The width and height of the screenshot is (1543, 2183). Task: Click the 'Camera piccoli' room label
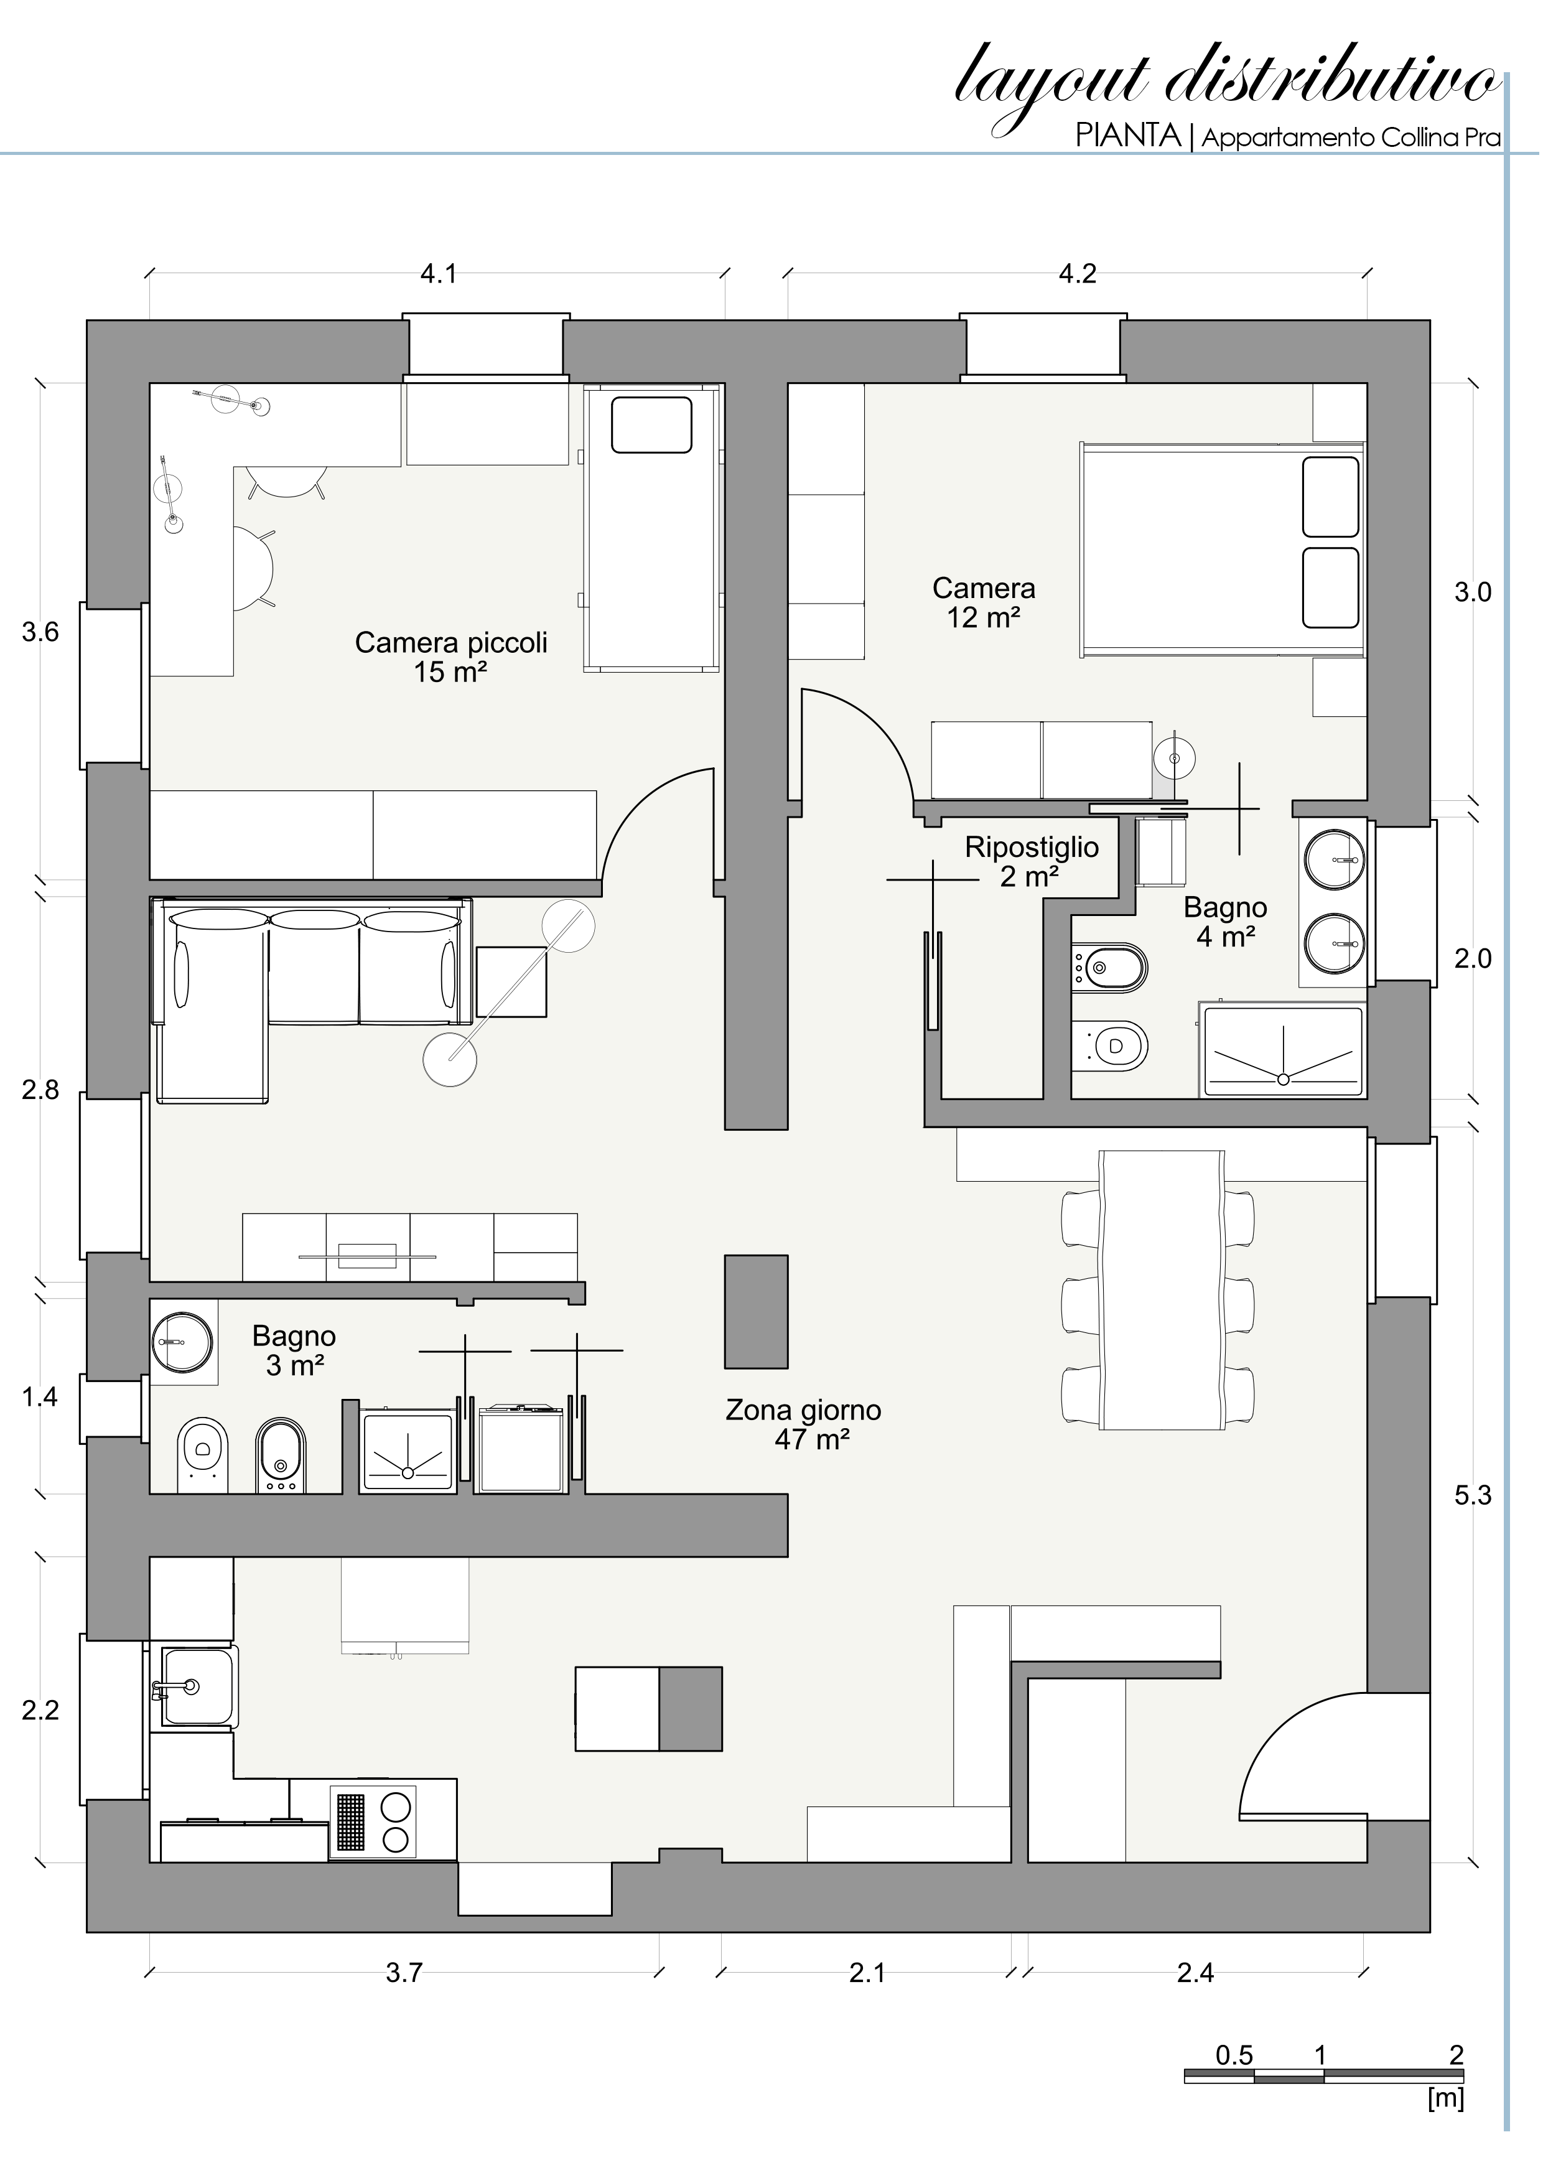(452, 643)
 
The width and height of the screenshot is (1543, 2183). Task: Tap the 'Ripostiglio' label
(1032, 847)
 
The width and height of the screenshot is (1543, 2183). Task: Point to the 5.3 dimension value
(1473, 1495)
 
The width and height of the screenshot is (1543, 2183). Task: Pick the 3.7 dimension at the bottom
(404, 1973)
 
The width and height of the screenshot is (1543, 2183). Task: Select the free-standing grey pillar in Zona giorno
(757, 1311)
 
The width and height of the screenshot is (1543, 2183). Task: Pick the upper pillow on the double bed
(1331, 497)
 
